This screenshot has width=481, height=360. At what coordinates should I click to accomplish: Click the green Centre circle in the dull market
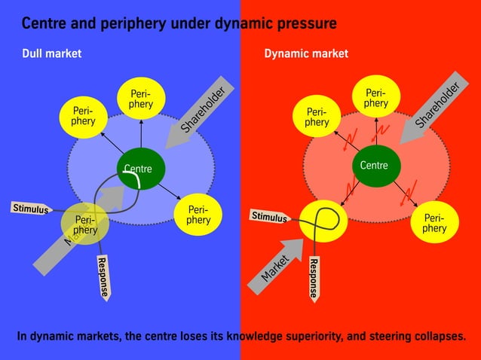[139, 168]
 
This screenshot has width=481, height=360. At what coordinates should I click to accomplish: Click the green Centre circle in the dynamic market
[375, 165]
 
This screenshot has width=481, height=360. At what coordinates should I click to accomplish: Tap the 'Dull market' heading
[51, 53]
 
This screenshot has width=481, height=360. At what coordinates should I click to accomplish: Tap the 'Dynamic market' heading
[306, 53]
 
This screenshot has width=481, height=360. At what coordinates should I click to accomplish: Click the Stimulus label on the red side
[269, 218]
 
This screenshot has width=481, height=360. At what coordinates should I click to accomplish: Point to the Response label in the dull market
[103, 276]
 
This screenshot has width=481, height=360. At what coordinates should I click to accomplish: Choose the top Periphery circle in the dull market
[140, 99]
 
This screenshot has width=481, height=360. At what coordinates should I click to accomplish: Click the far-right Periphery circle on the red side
[434, 223]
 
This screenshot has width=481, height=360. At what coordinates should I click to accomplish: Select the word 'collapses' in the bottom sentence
[436, 335]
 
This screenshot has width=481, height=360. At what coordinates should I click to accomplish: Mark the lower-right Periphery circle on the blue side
[198, 215]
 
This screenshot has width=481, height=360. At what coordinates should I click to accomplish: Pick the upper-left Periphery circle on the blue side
[84, 117]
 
